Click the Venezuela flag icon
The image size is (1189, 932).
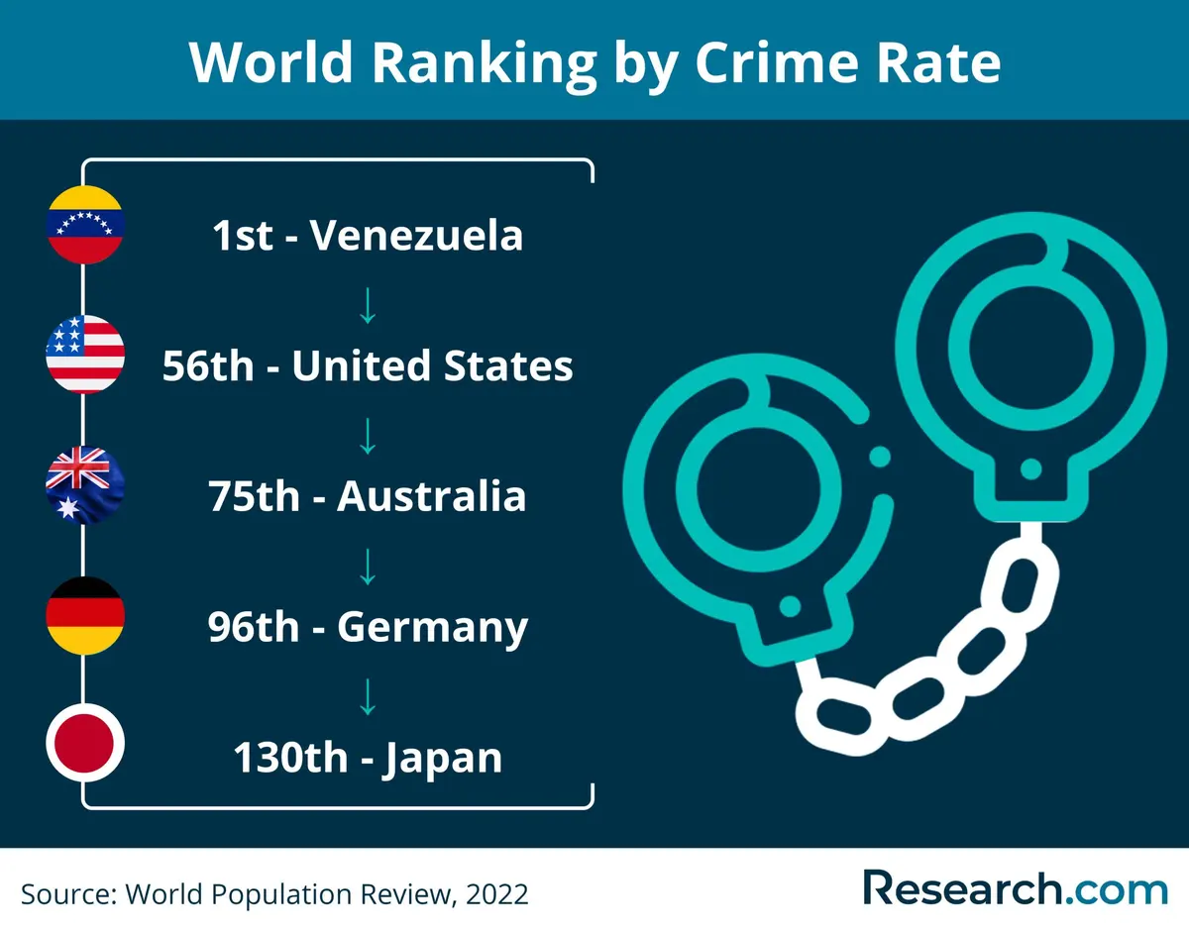click(x=85, y=225)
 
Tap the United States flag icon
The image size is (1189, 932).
click(x=85, y=355)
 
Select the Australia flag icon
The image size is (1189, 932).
click(x=85, y=485)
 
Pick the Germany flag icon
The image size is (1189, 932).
click(x=85, y=616)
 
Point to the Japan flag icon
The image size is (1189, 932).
click(x=85, y=743)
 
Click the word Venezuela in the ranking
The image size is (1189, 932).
click(x=416, y=235)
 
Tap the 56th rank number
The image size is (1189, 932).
click(x=208, y=365)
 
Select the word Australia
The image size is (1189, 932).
click(x=431, y=496)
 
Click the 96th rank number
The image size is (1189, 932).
click(x=254, y=627)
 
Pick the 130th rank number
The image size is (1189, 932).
click(x=290, y=758)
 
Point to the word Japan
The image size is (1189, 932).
click(x=442, y=760)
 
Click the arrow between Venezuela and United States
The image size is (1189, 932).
click(x=368, y=306)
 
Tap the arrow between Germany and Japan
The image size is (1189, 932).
click(x=368, y=697)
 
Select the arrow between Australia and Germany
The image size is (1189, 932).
click(x=368, y=567)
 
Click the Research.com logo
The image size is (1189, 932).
click(x=1016, y=888)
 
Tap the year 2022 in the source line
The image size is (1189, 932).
click(x=496, y=894)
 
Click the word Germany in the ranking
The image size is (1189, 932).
click(x=432, y=629)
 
